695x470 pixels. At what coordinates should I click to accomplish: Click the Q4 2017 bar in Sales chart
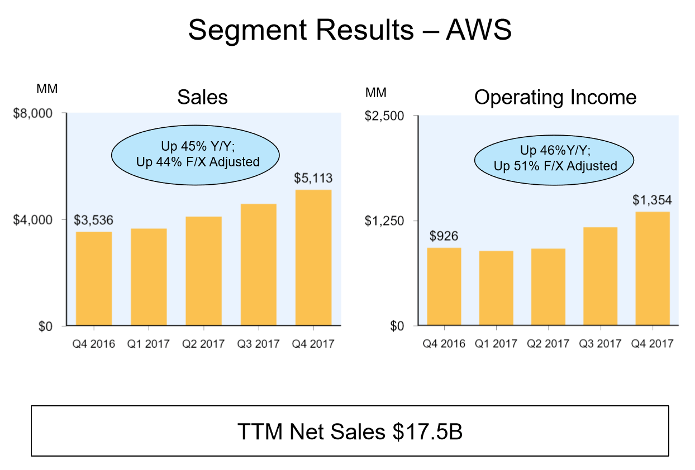pyautogui.click(x=313, y=258)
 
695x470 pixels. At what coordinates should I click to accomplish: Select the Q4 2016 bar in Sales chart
pyautogui.click(x=94, y=279)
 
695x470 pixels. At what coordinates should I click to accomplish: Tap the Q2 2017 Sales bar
pyautogui.click(x=203, y=271)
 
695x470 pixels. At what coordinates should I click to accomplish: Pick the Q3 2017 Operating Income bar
pyautogui.click(x=600, y=276)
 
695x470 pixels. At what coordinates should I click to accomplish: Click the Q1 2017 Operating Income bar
pyautogui.click(x=496, y=288)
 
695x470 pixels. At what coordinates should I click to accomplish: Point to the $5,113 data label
pyautogui.click(x=313, y=179)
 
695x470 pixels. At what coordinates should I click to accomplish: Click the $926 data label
pyautogui.click(x=444, y=236)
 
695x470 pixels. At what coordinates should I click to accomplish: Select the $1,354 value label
pyautogui.click(x=652, y=200)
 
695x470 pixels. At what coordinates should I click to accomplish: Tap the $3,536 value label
pyautogui.click(x=94, y=220)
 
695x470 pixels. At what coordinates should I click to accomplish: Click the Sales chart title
pyautogui.click(x=202, y=97)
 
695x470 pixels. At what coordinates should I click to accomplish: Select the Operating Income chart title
pyautogui.click(x=555, y=97)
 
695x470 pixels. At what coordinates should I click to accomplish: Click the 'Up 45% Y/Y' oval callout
pyautogui.click(x=196, y=155)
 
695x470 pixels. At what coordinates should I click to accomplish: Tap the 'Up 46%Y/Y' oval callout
pyautogui.click(x=554, y=158)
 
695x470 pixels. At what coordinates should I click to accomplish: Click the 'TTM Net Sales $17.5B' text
pyautogui.click(x=350, y=431)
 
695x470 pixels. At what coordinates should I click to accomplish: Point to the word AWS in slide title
pyautogui.click(x=479, y=30)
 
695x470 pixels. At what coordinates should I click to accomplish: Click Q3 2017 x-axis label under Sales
pyautogui.click(x=258, y=343)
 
